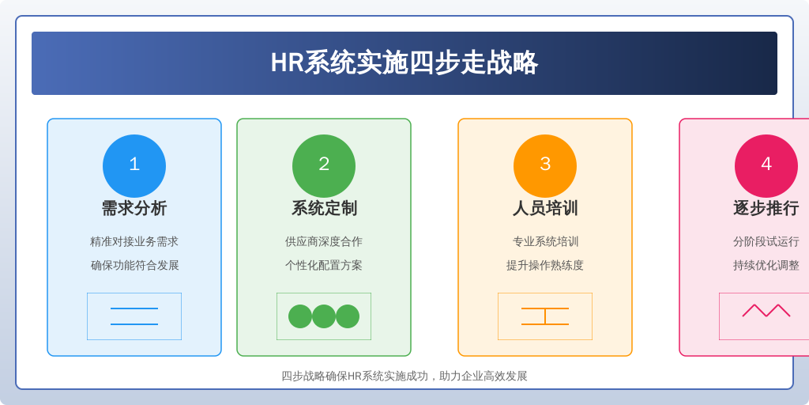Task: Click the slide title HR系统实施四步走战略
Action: click(404, 63)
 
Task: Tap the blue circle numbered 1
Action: click(134, 166)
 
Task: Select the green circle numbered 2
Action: click(324, 166)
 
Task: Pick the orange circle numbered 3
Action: click(545, 166)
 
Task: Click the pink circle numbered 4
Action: click(766, 166)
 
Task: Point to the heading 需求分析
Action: click(134, 208)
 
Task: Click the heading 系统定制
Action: click(324, 208)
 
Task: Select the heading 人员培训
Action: click(545, 208)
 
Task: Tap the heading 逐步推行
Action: click(766, 208)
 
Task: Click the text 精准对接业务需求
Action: click(134, 242)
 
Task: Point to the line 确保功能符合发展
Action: click(134, 266)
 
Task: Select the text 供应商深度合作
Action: click(324, 242)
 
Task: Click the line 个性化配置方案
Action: click(324, 266)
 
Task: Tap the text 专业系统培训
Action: click(545, 242)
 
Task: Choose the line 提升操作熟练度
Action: click(545, 266)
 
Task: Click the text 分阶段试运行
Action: click(766, 242)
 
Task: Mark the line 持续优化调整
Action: click(766, 266)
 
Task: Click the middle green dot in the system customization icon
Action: click(324, 316)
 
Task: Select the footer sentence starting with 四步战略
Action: click(404, 376)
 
